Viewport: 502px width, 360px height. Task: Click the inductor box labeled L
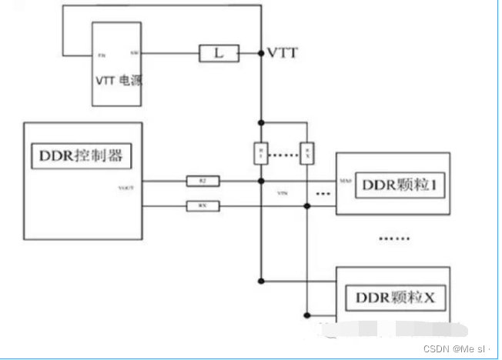click(x=219, y=54)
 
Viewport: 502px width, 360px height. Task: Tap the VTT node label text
click(x=283, y=53)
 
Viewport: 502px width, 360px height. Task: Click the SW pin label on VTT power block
click(x=135, y=54)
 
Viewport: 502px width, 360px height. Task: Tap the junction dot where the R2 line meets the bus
click(x=261, y=182)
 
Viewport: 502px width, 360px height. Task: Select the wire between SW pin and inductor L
click(x=169, y=54)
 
